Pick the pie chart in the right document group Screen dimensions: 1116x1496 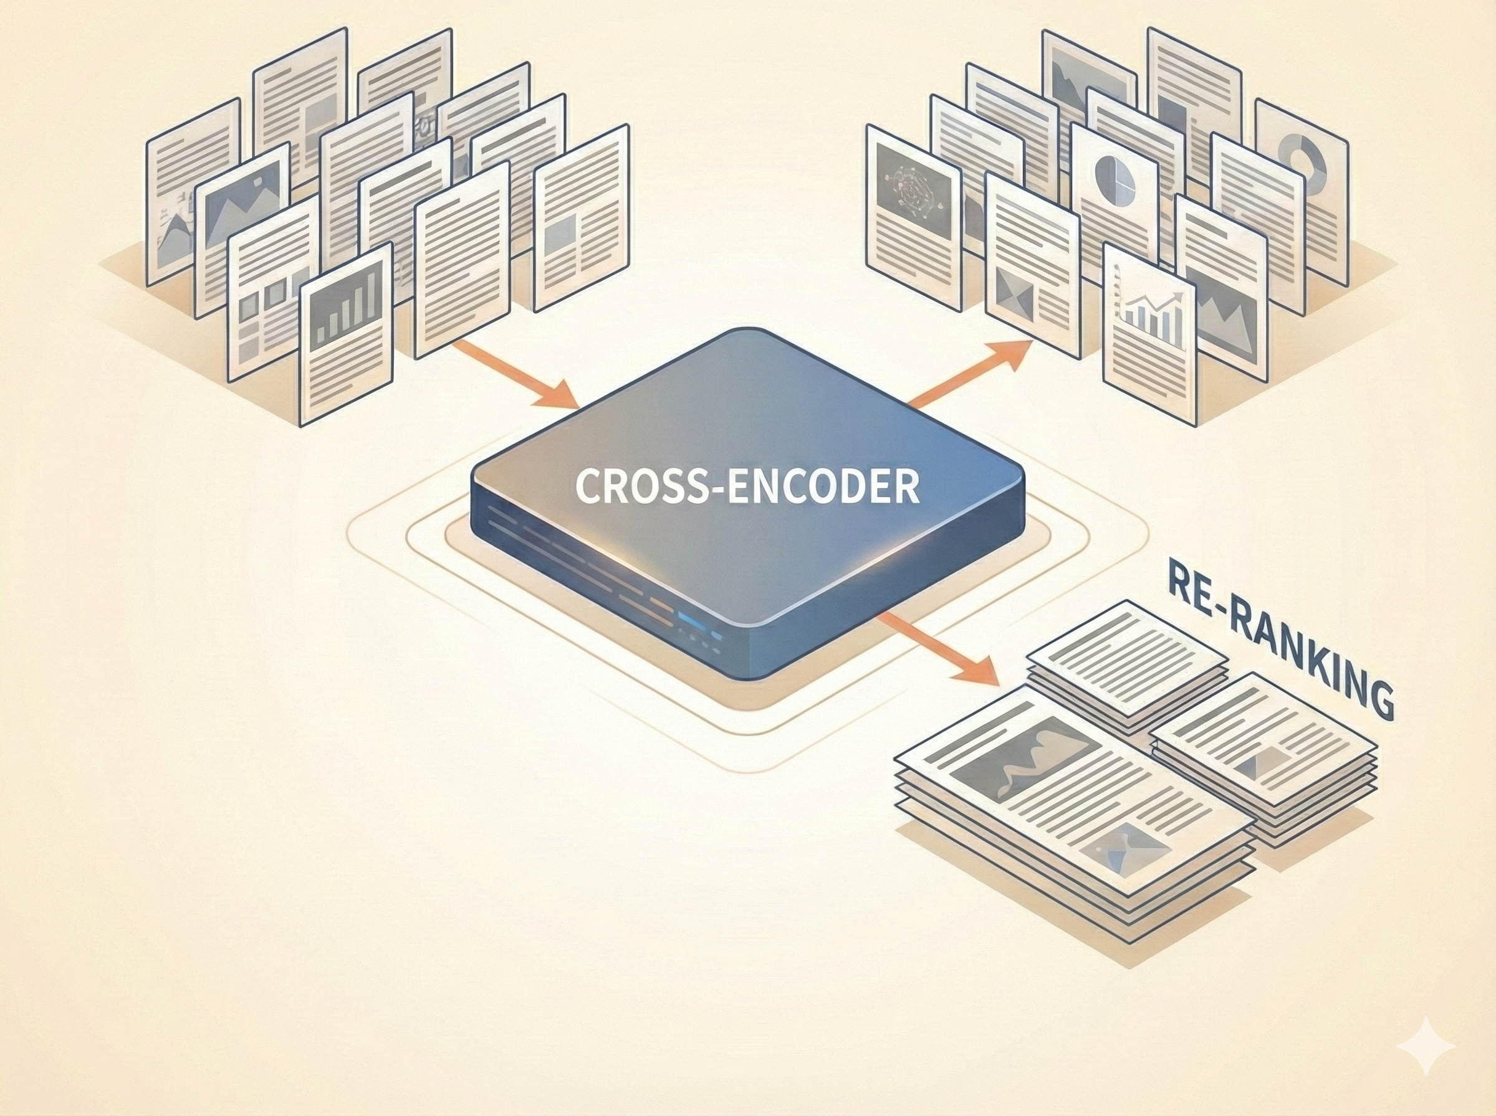pos(1115,179)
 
